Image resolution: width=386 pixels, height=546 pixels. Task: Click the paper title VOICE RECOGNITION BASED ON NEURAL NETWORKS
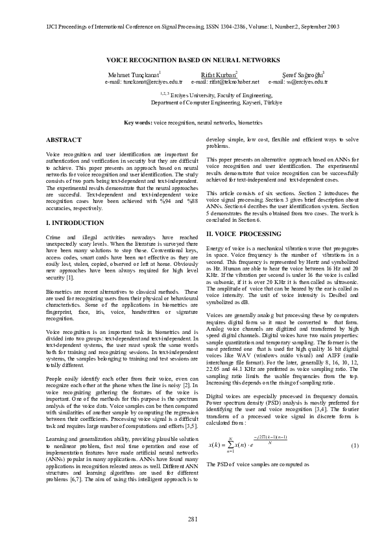pyautogui.click(x=193, y=59)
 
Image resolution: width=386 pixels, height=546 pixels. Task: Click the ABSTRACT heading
pyautogui.click(x=64, y=140)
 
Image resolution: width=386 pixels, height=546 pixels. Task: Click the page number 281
pyautogui.click(x=193, y=519)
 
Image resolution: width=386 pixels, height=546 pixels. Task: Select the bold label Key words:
pyautogui.click(x=138, y=122)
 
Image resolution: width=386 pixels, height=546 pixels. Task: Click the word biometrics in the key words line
pyautogui.click(x=249, y=122)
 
